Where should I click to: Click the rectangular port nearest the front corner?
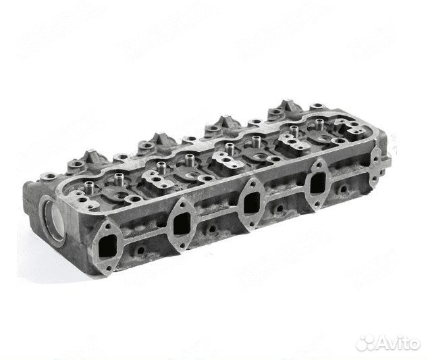pos(108,246)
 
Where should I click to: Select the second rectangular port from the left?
pos(182,224)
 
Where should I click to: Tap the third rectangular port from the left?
pos(251,203)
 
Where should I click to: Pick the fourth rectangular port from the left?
pos(318,182)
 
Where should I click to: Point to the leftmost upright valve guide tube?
pos(89,187)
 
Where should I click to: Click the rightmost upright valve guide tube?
pos(317,124)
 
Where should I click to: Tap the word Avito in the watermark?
pos(399,343)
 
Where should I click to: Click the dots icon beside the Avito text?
pos(367,343)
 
